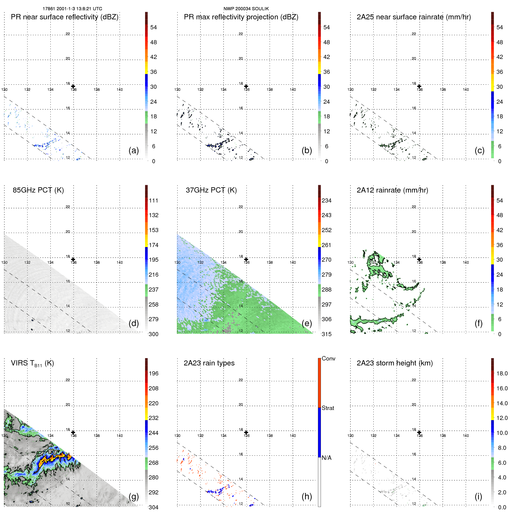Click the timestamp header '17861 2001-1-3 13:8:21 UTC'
pyautogui.click(x=72, y=9)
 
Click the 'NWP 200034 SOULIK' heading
pyautogui.click(x=246, y=9)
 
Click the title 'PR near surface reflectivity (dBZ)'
pyautogui.click(x=64, y=17)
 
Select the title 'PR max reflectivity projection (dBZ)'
pyautogui.click(x=241, y=17)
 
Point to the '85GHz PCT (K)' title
pyautogui.click(x=38, y=190)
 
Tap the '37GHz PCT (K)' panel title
pyautogui.click(x=211, y=190)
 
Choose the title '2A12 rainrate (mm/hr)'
pyautogui.click(x=392, y=190)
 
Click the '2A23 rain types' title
pyautogui.click(x=209, y=363)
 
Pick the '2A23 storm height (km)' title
pyautogui.click(x=394, y=363)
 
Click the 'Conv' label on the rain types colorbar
pyautogui.click(x=328, y=358)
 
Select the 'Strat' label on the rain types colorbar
pyautogui.click(x=328, y=408)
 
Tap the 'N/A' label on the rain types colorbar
pyautogui.click(x=326, y=458)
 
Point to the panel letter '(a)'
pyautogui.click(x=134, y=150)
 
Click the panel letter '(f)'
pyautogui.click(x=478, y=323)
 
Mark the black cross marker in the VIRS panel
pyautogui.click(x=73, y=433)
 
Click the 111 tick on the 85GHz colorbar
pyautogui.click(x=153, y=200)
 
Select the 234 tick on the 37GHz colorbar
pyautogui.click(x=326, y=200)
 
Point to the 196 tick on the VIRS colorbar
pyautogui.click(x=153, y=373)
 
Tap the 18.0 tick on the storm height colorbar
pyautogui.click(x=502, y=373)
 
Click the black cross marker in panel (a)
pyautogui.click(x=73, y=86)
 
